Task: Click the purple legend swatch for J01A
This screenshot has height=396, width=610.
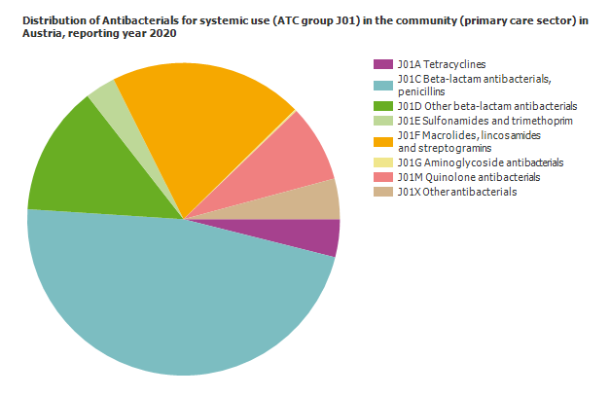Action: tap(383, 64)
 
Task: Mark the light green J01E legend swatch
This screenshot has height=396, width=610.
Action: tap(383, 121)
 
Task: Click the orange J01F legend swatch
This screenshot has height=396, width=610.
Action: tap(383, 134)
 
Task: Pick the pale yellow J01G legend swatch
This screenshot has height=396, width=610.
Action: tap(383, 162)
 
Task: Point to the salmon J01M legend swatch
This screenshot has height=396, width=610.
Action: tap(383, 177)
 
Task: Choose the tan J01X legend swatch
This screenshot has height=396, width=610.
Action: tap(383, 192)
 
